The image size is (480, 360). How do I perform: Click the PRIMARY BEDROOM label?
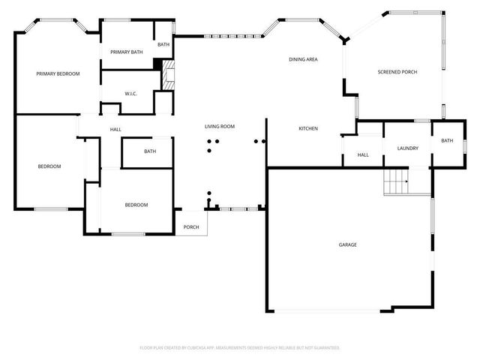(x=58, y=73)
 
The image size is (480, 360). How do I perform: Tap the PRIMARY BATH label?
(x=126, y=52)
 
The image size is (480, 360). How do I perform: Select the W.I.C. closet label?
(x=130, y=94)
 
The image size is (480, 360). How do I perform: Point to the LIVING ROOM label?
(x=220, y=127)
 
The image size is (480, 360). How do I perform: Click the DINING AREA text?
(x=304, y=59)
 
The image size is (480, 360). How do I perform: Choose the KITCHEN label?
(x=308, y=129)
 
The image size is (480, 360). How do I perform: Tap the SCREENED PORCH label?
(x=397, y=72)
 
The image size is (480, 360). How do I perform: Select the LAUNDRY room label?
(x=407, y=148)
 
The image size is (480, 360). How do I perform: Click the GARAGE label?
(x=347, y=245)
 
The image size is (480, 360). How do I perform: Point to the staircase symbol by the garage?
(x=395, y=182)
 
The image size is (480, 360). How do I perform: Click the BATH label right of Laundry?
(x=447, y=141)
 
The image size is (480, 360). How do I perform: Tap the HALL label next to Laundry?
(x=363, y=155)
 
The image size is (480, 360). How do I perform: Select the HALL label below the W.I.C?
(x=115, y=130)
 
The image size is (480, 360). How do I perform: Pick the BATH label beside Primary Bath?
(x=163, y=45)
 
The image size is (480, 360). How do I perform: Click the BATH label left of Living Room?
(x=150, y=152)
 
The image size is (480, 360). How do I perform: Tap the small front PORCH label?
(x=191, y=227)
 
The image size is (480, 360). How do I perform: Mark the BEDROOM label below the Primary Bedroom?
(x=49, y=166)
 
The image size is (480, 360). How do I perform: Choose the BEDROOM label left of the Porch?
(x=136, y=205)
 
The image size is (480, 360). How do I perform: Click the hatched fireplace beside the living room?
(x=169, y=76)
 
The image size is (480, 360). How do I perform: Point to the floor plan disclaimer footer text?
(x=240, y=348)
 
